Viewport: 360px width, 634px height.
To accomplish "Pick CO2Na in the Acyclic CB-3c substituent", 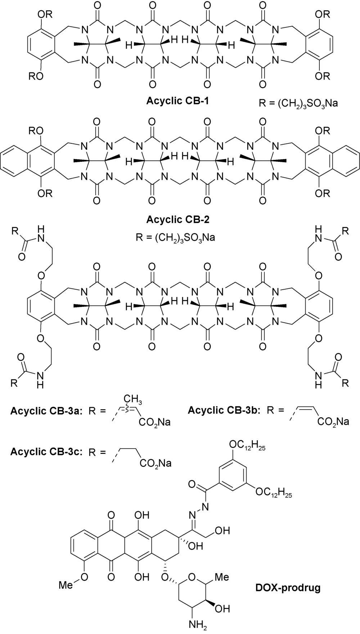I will click(156, 463).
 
